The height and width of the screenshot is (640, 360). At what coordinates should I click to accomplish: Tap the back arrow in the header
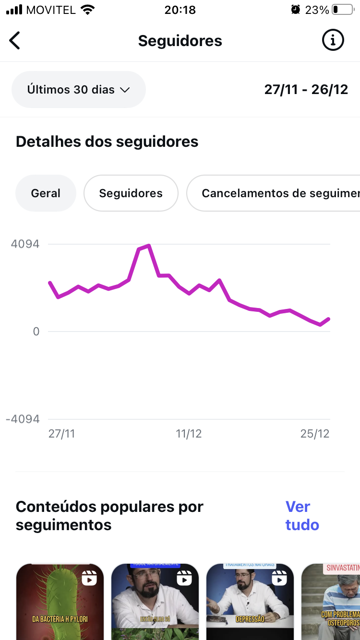pyautogui.click(x=15, y=41)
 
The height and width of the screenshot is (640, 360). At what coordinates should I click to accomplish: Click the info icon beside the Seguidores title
pyautogui.click(x=333, y=41)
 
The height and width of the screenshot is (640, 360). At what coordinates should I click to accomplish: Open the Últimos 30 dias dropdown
pyautogui.click(x=79, y=90)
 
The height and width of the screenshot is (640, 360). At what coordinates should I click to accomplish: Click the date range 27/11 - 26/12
pyautogui.click(x=306, y=90)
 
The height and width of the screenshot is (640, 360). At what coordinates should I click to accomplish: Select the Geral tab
pyautogui.click(x=46, y=193)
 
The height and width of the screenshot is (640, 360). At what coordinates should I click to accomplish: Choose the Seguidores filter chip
pyautogui.click(x=131, y=193)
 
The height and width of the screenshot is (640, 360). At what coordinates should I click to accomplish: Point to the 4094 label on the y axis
pyautogui.click(x=25, y=244)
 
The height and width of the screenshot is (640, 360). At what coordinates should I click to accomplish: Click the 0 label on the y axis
pyautogui.click(x=36, y=332)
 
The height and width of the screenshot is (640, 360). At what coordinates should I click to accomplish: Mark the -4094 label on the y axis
pyautogui.click(x=23, y=419)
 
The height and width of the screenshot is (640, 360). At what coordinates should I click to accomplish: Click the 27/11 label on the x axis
pyautogui.click(x=61, y=434)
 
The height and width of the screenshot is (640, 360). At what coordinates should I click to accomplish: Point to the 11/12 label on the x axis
pyautogui.click(x=189, y=434)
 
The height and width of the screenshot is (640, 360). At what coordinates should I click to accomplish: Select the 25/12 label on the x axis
pyautogui.click(x=315, y=434)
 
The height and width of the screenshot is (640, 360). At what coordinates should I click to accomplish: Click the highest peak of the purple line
pyautogui.click(x=149, y=246)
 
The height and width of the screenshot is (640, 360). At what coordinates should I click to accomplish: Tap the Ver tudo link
pyautogui.click(x=302, y=516)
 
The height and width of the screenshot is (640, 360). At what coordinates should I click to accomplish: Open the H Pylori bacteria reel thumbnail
pyautogui.click(x=60, y=602)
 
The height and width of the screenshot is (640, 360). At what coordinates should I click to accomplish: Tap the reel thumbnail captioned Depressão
pyautogui.click(x=250, y=602)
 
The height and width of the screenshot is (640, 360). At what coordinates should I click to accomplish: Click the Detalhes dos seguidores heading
pyautogui.click(x=107, y=142)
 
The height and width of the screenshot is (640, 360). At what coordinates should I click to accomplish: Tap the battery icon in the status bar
pyautogui.click(x=342, y=10)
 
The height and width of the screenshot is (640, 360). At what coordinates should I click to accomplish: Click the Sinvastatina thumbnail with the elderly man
pyautogui.click(x=331, y=602)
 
